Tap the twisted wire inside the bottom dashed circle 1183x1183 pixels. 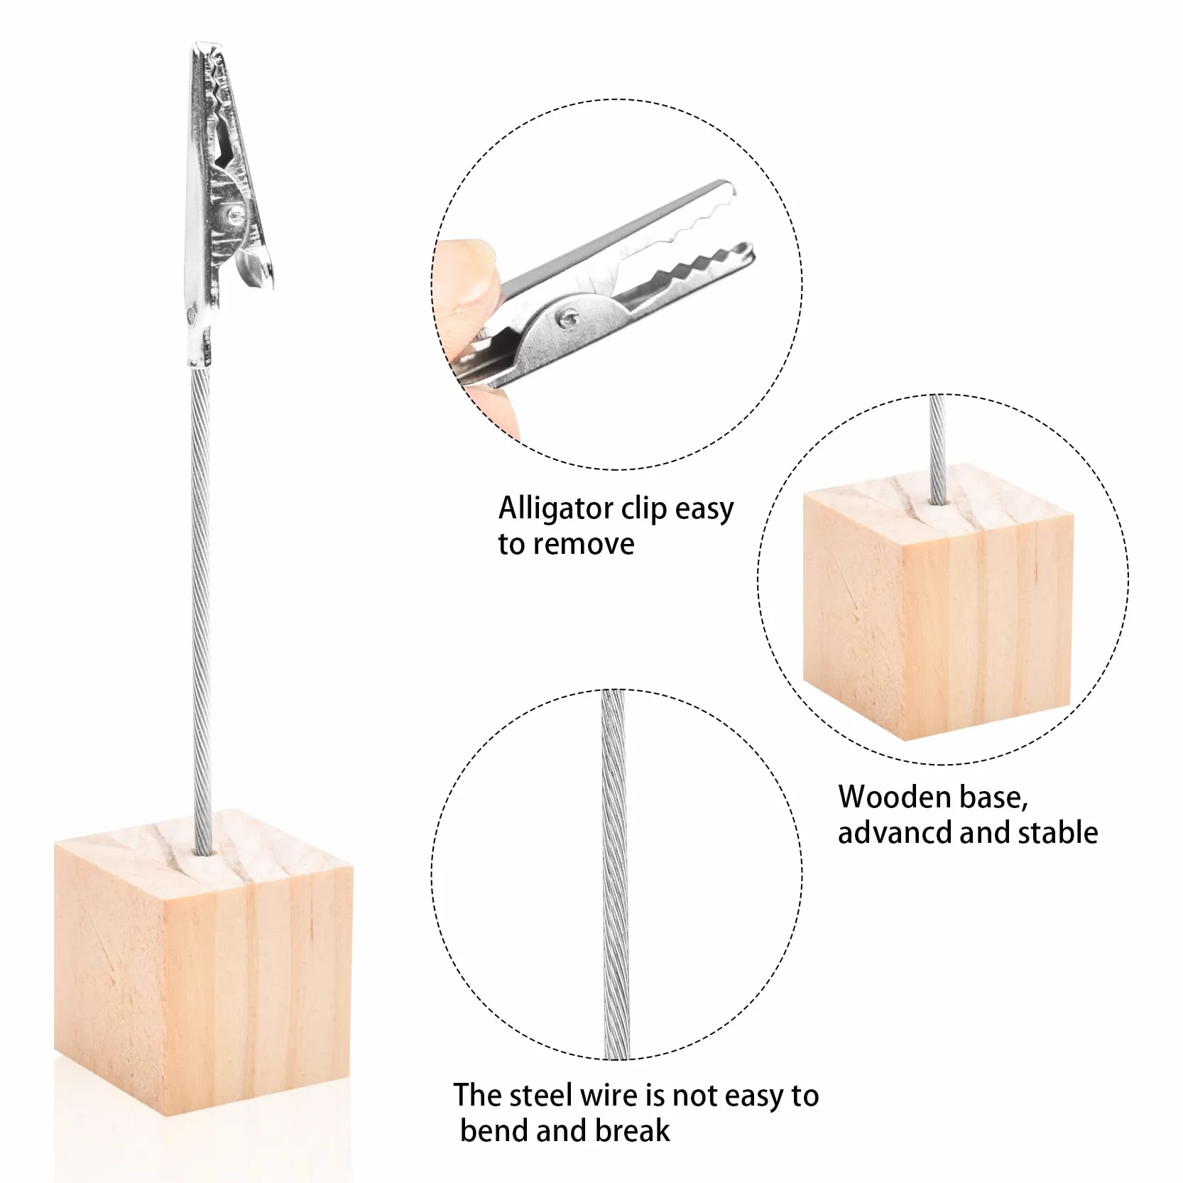614,873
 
